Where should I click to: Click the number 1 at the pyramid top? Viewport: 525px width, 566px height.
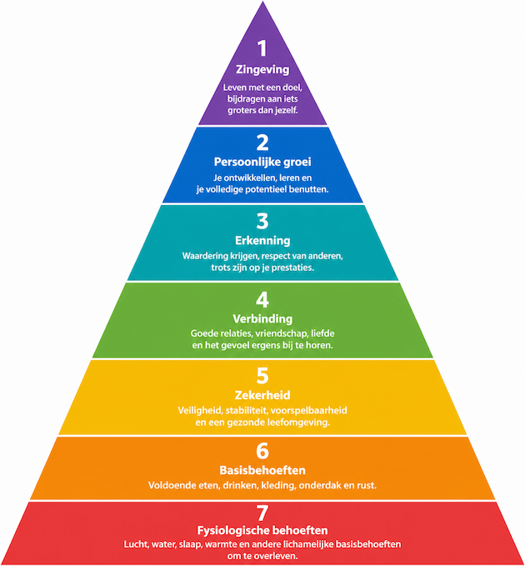click(x=262, y=48)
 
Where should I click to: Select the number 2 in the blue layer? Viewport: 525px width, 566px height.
click(x=262, y=141)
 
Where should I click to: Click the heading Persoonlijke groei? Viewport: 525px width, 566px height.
click(x=262, y=162)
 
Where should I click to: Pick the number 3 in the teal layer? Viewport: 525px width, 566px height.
click(x=262, y=221)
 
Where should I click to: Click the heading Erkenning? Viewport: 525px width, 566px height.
click(x=262, y=241)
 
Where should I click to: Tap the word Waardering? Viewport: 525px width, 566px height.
click(x=208, y=256)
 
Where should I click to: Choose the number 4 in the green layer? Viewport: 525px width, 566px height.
click(x=262, y=298)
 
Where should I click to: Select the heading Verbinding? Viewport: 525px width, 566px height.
click(x=262, y=318)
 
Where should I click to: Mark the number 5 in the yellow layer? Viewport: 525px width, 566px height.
click(x=262, y=374)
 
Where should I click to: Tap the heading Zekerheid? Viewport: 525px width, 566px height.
click(x=262, y=395)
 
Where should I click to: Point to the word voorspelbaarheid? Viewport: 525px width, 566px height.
click(x=312, y=410)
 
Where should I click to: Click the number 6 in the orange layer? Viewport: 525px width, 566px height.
click(x=262, y=450)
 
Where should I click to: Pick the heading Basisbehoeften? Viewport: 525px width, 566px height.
click(x=262, y=470)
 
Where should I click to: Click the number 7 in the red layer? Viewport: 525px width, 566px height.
click(x=262, y=512)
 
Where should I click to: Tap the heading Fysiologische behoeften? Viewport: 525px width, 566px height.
click(x=262, y=530)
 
